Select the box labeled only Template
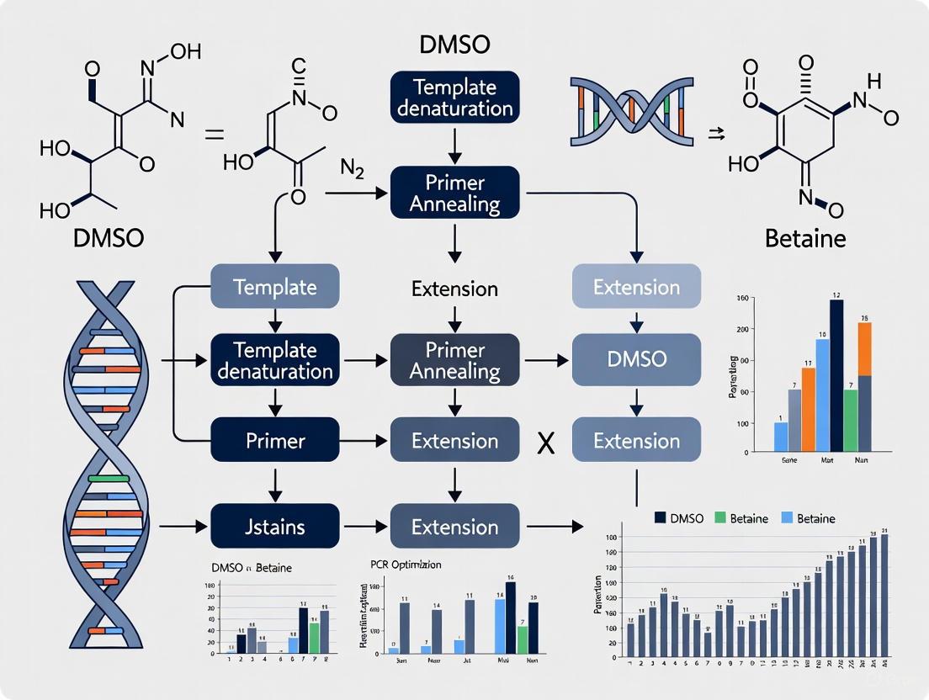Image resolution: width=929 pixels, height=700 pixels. (x=274, y=287)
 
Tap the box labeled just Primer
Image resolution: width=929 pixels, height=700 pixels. (x=274, y=441)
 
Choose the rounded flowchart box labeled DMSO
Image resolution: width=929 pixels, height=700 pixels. (x=636, y=358)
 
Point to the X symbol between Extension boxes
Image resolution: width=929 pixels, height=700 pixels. (x=545, y=443)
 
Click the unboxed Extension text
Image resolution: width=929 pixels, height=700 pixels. (x=454, y=289)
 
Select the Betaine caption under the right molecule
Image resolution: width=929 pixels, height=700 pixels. (x=805, y=238)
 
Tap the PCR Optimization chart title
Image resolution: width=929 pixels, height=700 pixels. (x=406, y=565)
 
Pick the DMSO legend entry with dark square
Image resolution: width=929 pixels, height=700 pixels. (x=680, y=518)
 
